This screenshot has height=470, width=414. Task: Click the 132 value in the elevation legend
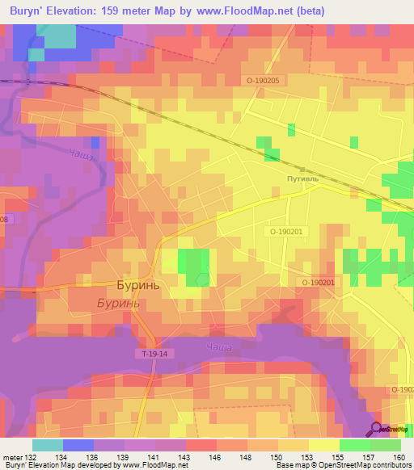32,456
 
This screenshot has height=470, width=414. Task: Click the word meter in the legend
12,456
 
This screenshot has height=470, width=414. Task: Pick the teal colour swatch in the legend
47,445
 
